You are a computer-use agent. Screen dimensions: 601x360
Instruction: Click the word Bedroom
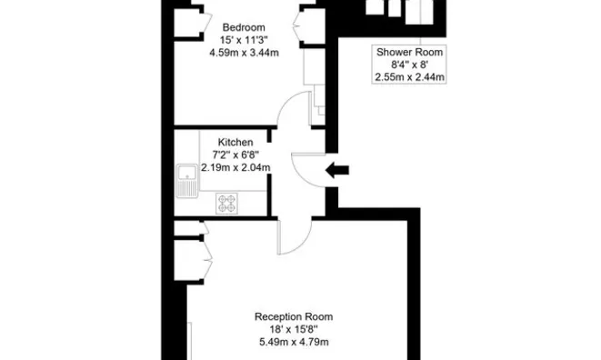(x=244, y=27)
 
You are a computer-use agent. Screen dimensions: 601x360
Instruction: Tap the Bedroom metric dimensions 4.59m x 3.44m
(x=245, y=53)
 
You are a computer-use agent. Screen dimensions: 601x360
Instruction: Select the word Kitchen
(x=235, y=142)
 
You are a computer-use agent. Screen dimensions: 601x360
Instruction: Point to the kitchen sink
(x=187, y=181)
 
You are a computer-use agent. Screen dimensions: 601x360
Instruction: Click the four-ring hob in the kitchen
(x=226, y=204)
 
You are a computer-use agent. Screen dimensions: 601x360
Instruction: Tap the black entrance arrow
(x=337, y=170)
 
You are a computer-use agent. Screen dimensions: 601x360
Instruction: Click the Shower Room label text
(x=409, y=52)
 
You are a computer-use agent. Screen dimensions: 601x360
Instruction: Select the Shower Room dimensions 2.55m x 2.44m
(x=409, y=77)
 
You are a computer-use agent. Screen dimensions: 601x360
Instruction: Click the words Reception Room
(x=294, y=316)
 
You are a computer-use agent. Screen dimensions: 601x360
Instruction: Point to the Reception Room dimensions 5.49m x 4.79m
(x=294, y=342)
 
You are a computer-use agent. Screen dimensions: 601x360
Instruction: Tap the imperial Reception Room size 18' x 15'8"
(x=294, y=329)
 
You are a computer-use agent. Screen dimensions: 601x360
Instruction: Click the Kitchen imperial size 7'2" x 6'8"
(x=235, y=155)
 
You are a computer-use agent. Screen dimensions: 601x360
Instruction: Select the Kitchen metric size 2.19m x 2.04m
(x=235, y=167)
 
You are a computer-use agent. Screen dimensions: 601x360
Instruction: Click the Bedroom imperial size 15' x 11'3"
(x=244, y=40)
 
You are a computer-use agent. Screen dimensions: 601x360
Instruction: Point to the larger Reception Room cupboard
(x=189, y=260)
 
